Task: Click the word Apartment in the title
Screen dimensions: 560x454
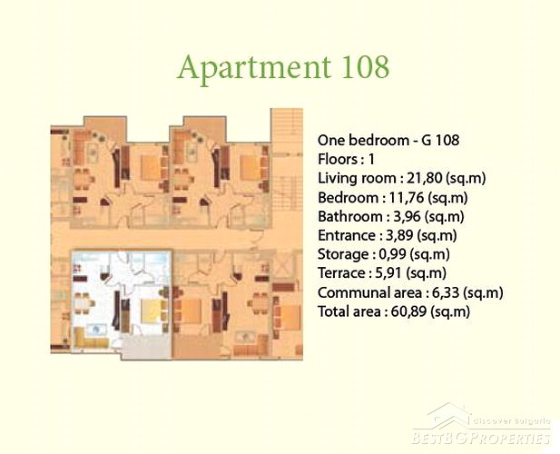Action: pyautogui.click(x=254, y=69)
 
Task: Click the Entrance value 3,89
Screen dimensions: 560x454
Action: pyautogui.click(x=399, y=235)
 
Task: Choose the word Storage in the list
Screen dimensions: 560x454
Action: pyautogui.click(x=343, y=254)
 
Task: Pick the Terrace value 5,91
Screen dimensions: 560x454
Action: pyautogui.click(x=389, y=273)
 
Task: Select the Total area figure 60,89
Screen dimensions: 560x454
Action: pyautogui.click(x=409, y=311)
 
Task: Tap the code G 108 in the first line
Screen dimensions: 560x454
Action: pyautogui.click(x=440, y=140)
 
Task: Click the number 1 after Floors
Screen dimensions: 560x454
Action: pyautogui.click(x=371, y=159)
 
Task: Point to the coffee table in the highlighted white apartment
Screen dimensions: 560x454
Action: pyautogui.click(x=94, y=330)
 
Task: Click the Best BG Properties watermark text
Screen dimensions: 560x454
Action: pyautogui.click(x=481, y=438)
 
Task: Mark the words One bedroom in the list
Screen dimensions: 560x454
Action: pyautogui.click(x=363, y=140)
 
